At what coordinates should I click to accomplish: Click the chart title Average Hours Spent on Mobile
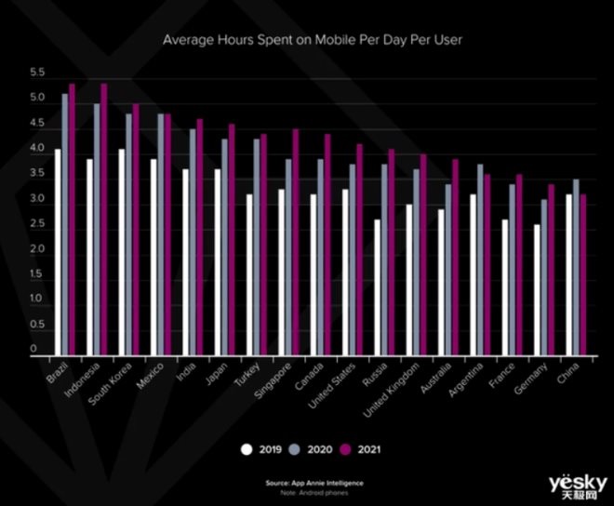[x=312, y=40]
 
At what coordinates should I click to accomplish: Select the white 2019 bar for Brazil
[x=58, y=251]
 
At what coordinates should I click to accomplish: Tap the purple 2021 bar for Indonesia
[x=104, y=219]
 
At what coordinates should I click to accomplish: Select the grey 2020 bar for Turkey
[x=257, y=246]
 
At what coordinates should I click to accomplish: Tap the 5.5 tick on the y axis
[x=37, y=73]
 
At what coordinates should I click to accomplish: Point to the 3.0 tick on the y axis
[x=37, y=199]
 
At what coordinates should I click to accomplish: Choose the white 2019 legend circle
[x=247, y=449]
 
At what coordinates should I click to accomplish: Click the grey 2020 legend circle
[x=299, y=449]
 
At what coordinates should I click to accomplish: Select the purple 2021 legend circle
[x=351, y=449]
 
